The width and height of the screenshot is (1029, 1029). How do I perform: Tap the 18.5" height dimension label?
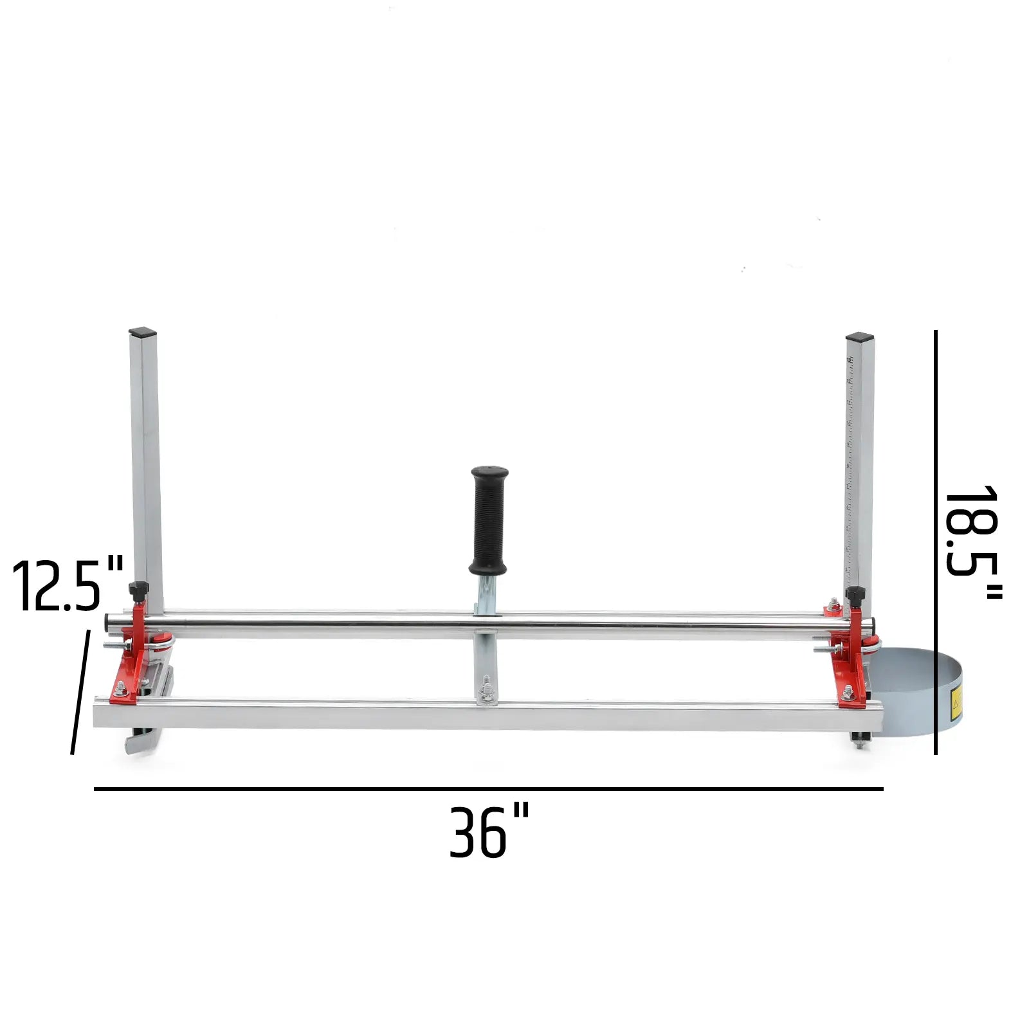click(972, 543)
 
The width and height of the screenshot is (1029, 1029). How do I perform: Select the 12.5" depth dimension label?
click(68, 585)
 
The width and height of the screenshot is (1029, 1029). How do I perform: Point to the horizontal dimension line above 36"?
click(489, 788)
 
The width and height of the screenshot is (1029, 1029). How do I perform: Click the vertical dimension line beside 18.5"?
click(935, 542)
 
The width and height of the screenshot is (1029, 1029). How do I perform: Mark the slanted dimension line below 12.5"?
click(80, 692)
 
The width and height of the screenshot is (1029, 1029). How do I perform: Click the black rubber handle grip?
click(489, 520)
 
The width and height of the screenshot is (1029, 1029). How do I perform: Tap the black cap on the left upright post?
click(143, 333)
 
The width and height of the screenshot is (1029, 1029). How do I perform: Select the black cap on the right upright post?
click(860, 337)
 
